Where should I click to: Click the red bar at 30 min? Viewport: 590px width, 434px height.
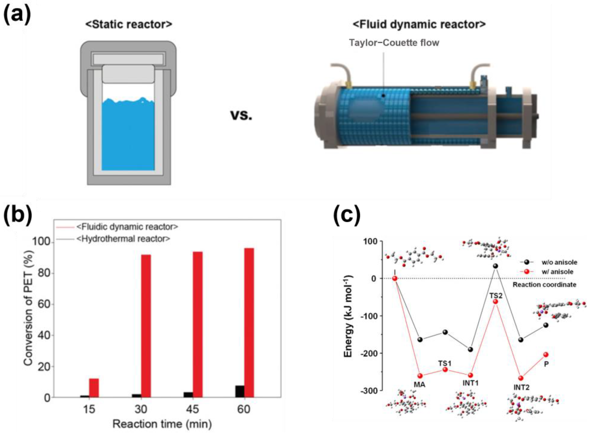[146, 326]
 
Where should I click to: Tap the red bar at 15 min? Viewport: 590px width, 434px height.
[94, 388]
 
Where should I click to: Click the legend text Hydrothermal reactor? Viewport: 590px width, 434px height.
[123, 239]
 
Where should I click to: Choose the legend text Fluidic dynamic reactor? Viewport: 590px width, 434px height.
[127, 226]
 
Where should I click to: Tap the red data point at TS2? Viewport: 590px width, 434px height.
[495, 302]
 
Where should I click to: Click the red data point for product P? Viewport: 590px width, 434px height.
[546, 355]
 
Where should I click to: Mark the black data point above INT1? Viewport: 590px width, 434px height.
[470, 349]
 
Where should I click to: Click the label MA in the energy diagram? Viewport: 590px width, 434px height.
[419, 385]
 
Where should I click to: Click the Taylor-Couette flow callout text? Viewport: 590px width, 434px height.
[394, 43]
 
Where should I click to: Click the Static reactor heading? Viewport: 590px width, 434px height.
[129, 24]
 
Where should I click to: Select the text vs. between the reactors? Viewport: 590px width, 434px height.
[241, 115]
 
